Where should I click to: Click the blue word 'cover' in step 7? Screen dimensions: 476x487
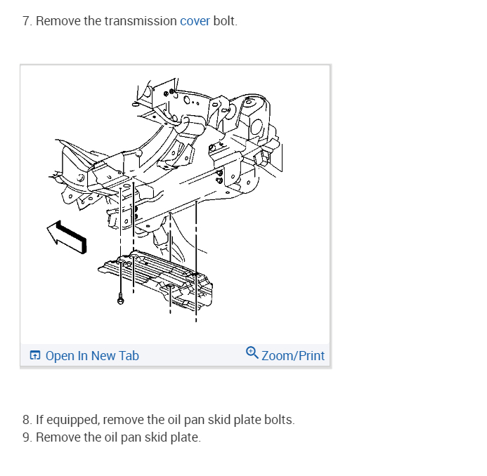[195, 21]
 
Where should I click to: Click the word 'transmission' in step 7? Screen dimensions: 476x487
[141, 21]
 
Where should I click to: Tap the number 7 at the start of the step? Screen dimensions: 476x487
[26, 21]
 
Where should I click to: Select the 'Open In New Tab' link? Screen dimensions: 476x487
[92, 356]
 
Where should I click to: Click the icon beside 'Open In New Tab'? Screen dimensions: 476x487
[36, 356]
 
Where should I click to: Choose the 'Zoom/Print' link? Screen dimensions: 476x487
[293, 356]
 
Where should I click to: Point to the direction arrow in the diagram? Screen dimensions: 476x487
[67, 235]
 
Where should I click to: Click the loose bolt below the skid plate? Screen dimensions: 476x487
[122, 298]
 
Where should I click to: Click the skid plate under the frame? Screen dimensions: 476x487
[158, 277]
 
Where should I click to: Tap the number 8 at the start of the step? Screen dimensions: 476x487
[26, 421]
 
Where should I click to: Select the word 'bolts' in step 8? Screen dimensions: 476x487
[279, 421]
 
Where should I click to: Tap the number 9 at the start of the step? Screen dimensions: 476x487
[26, 437]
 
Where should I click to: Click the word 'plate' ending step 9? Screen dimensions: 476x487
[186, 437]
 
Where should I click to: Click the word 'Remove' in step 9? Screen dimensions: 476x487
[58, 437]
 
